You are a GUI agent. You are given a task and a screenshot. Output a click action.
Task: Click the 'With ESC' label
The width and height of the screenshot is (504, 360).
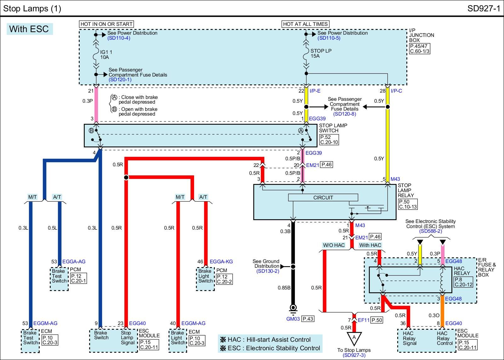(29, 29)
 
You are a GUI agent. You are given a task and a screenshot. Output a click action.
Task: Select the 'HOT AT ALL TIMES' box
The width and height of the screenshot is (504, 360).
(305, 24)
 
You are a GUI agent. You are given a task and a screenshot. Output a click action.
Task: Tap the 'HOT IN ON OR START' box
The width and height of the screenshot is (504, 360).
(106, 24)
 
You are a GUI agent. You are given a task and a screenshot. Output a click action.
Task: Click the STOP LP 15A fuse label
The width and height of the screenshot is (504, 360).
(321, 53)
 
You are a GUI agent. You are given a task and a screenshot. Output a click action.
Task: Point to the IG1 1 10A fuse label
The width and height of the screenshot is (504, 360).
(106, 54)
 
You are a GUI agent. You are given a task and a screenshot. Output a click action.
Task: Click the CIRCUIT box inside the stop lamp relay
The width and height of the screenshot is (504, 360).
(323, 197)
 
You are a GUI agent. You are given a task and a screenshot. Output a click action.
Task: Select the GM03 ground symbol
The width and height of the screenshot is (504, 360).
(293, 308)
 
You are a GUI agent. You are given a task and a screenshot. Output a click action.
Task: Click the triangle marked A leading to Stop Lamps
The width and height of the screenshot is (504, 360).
(354, 338)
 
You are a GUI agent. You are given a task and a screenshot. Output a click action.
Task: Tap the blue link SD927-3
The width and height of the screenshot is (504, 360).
(354, 355)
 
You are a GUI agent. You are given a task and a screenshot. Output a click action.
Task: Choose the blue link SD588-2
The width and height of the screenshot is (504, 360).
(430, 231)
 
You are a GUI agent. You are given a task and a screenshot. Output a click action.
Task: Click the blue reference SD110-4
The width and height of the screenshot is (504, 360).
(119, 38)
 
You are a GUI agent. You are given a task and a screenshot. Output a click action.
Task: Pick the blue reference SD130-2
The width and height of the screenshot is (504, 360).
(267, 271)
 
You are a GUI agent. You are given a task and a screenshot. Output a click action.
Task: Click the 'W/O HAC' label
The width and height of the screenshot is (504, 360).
(334, 245)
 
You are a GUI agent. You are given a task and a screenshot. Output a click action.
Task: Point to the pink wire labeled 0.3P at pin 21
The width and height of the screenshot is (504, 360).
(96, 104)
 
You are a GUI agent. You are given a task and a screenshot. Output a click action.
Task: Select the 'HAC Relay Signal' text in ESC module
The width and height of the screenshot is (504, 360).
(409, 338)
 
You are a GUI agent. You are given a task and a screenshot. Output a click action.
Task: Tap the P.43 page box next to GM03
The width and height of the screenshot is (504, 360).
(308, 319)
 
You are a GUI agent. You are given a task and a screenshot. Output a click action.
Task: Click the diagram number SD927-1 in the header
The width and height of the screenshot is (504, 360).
(484, 8)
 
